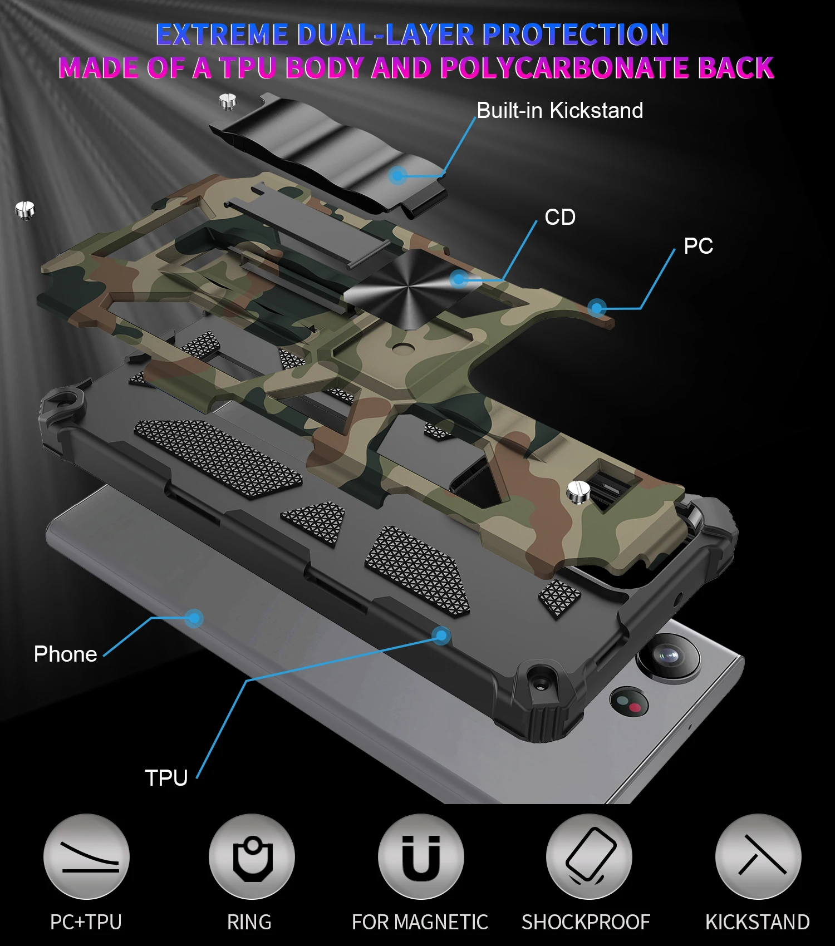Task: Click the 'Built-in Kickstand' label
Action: [559, 110]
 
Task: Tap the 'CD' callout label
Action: [560, 217]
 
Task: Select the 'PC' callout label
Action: [698, 246]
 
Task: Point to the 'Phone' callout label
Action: [65, 654]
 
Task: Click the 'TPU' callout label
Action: [166, 777]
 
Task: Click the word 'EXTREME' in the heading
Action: [222, 35]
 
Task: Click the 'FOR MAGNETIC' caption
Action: [420, 922]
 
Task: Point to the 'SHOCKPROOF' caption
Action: [586, 922]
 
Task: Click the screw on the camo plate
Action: [578, 491]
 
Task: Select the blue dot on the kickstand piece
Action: [397, 176]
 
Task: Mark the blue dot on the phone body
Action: [194, 618]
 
